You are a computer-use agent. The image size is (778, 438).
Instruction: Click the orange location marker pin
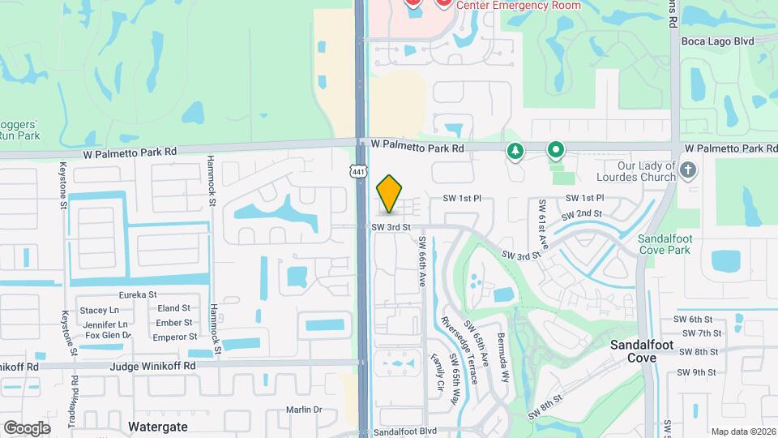(x=390, y=193)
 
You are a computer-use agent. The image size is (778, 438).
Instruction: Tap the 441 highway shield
(x=357, y=170)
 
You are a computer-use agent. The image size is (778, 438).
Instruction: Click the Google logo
(x=27, y=427)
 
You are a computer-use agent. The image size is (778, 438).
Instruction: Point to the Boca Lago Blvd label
(x=717, y=41)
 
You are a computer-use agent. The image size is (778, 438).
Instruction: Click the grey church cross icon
(x=688, y=170)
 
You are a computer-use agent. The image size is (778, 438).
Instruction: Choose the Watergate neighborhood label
(x=158, y=426)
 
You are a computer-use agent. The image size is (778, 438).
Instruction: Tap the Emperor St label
(x=175, y=337)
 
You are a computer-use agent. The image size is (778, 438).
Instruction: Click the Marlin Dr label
(x=305, y=410)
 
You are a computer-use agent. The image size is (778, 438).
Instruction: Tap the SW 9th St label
(x=700, y=372)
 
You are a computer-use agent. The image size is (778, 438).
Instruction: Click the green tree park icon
(x=514, y=151)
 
